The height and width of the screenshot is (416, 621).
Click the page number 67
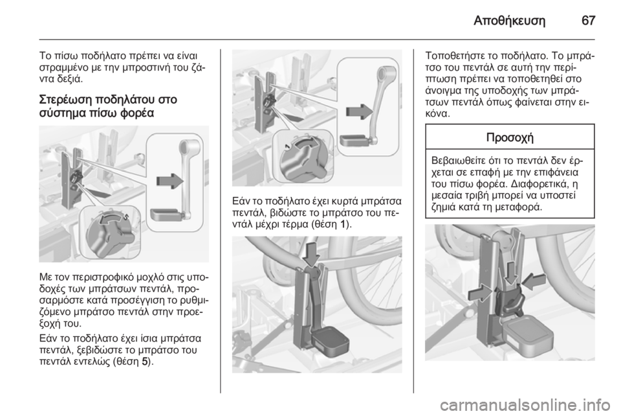pos(588,21)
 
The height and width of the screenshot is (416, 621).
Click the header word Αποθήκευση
pos(509,21)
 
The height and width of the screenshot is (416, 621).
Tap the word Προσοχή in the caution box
pos(510,137)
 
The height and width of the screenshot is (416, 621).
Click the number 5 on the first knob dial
pos(125,216)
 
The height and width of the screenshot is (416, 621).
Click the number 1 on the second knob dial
pos(287,146)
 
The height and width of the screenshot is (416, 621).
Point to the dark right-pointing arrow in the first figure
pos(170,180)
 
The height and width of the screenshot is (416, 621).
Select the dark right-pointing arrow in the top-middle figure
pos(360,111)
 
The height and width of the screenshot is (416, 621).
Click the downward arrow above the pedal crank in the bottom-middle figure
pos(312,253)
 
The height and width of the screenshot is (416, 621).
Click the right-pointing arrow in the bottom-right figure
pos(481,294)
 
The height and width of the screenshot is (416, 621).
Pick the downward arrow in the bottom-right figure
pos(511,273)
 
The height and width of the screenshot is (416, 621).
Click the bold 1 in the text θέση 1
pos(343,224)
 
